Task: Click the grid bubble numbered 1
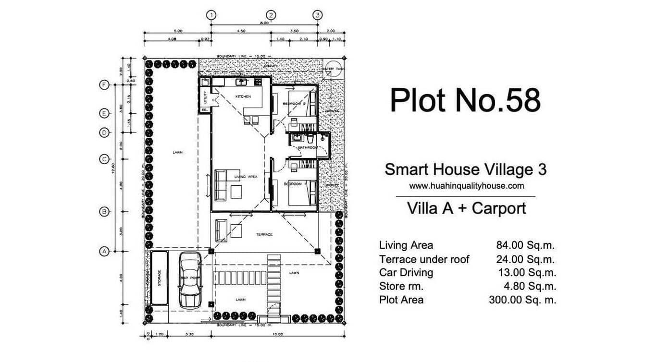tap(211, 15)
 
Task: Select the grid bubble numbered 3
tap(317, 15)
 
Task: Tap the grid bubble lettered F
tap(103, 85)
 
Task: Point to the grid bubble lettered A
tap(103, 251)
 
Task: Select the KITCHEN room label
tap(243, 97)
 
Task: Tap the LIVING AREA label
tap(246, 177)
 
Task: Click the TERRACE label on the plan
tap(264, 234)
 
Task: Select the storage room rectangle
tap(159, 278)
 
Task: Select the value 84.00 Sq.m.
tap(525, 246)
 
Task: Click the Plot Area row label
tap(401, 300)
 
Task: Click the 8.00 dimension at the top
tap(264, 22)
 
